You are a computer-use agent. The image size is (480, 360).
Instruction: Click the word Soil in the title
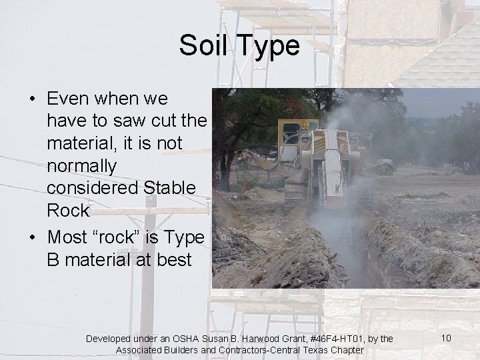(x=203, y=46)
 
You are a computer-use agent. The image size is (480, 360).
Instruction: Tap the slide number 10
(x=446, y=338)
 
